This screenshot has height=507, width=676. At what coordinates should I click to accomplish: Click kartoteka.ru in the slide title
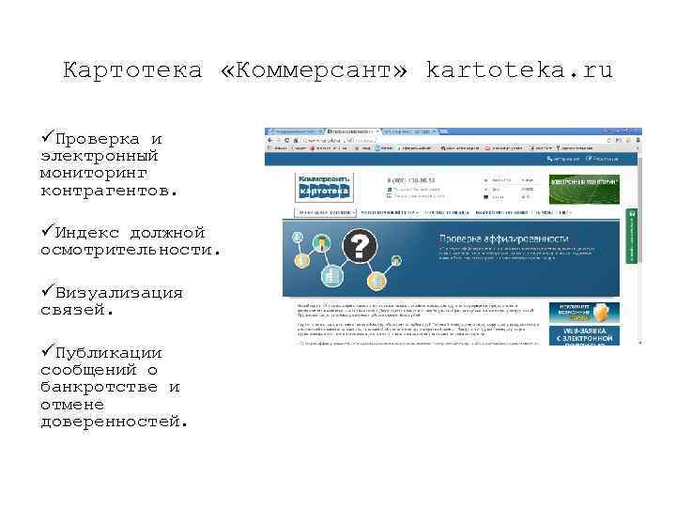coord(518,70)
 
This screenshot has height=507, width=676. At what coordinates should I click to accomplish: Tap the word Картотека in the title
coord(132,70)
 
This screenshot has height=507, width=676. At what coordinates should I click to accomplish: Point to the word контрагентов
coord(108,190)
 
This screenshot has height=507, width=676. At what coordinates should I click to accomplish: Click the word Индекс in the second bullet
coord(89,232)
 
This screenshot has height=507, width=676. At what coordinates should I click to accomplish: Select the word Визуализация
coord(118,292)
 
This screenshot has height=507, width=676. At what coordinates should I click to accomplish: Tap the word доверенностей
coord(114,421)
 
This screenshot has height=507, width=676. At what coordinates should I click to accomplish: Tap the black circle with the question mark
coord(361,248)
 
